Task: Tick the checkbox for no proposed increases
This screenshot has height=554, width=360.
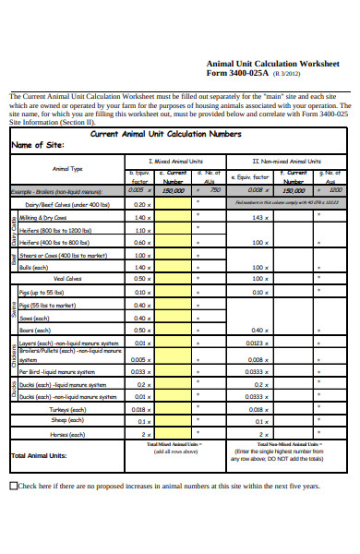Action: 13,486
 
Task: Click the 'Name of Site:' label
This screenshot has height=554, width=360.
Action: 37,146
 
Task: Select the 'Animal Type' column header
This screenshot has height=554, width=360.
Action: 67,169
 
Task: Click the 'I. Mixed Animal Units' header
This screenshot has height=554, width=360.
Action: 173,161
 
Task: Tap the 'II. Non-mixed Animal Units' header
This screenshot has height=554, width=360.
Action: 286,161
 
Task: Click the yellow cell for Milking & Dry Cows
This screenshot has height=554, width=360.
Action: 173,217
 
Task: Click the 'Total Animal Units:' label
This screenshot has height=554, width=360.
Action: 38,455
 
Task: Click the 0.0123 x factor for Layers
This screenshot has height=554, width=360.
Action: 260,343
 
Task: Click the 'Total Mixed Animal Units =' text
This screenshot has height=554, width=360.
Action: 173,445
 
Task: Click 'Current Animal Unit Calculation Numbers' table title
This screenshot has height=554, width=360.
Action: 166,134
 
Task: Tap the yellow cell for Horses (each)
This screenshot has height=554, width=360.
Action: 173,433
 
